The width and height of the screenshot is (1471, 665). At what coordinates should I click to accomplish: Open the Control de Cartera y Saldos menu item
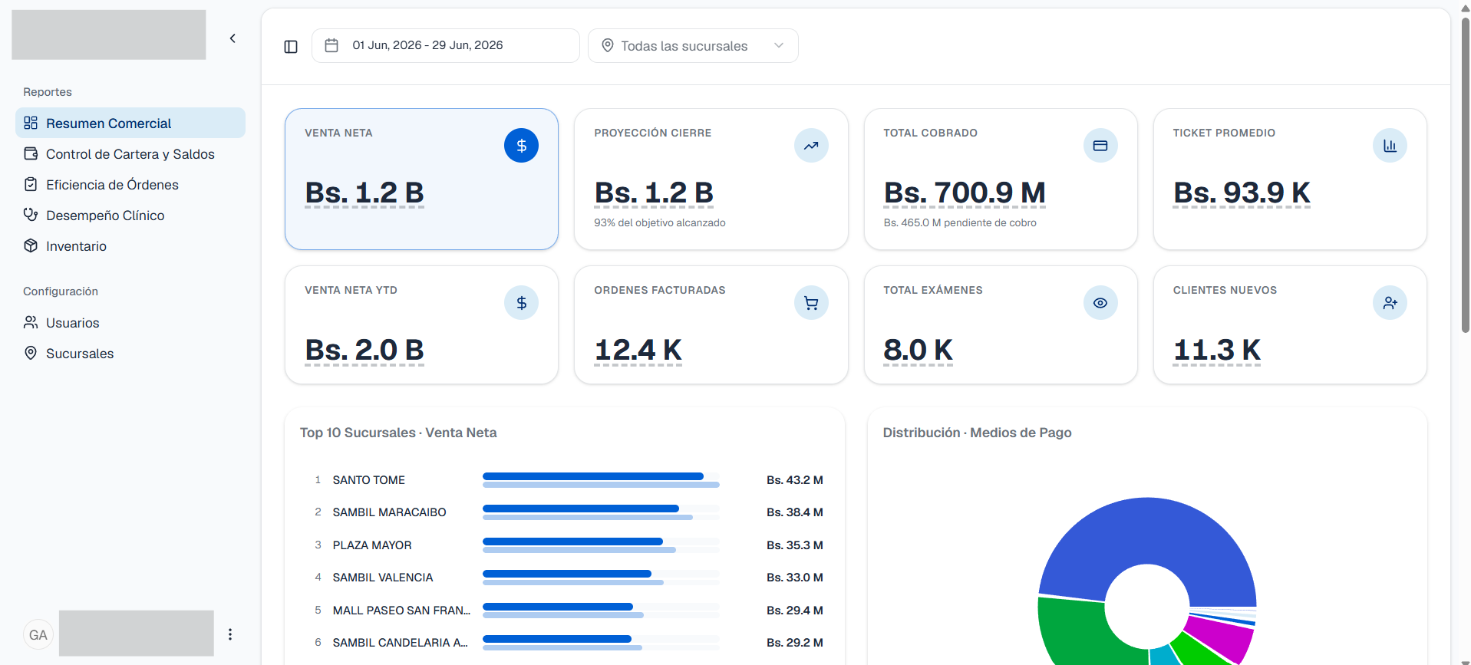[x=130, y=154]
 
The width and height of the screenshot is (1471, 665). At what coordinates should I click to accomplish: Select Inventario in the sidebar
[x=76, y=246]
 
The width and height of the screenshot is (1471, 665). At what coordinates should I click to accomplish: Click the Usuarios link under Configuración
[x=72, y=323]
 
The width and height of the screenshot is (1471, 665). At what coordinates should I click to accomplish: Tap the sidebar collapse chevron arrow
[x=233, y=38]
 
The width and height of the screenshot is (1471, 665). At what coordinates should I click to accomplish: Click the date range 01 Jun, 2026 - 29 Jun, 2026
[x=427, y=45]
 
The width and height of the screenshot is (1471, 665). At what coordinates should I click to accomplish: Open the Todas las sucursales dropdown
[x=693, y=46]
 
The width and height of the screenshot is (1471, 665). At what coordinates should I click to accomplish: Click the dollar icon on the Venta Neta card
[x=521, y=146]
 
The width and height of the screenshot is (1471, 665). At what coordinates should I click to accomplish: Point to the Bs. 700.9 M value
[x=965, y=193]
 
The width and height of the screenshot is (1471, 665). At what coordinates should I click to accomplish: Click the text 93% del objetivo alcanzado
[x=660, y=223]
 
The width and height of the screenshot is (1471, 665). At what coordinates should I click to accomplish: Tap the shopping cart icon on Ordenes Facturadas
[x=811, y=303]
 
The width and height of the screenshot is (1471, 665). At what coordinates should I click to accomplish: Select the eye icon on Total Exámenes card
[x=1100, y=303]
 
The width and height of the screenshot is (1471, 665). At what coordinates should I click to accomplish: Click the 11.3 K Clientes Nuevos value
[x=1217, y=350]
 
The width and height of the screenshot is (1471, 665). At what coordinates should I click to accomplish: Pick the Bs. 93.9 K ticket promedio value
[x=1242, y=193]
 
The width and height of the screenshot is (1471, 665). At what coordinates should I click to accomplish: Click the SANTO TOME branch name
[x=369, y=480]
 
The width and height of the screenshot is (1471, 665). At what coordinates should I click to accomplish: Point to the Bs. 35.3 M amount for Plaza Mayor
[x=795, y=545]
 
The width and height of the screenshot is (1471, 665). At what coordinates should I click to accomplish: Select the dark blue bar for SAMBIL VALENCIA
[x=567, y=574]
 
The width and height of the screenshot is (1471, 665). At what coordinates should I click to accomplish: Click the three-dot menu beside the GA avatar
[x=230, y=634]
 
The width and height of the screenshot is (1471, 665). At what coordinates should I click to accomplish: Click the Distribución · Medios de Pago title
[x=977, y=433]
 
